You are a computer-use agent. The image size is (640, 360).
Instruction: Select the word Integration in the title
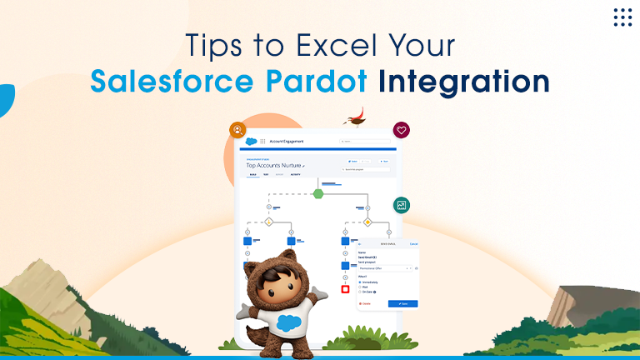pos(463,82)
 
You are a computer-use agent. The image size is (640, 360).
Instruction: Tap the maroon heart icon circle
pos(402,130)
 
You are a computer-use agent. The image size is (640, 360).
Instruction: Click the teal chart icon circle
pos(402,205)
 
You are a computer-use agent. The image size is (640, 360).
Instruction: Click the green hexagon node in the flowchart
pos(318,193)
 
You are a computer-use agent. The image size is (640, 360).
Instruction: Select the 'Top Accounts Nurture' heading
pos(274,166)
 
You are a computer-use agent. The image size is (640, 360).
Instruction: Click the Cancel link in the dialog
pos(413,244)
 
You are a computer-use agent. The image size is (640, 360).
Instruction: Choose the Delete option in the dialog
pos(365,303)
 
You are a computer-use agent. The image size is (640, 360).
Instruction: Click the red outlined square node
pos(345,289)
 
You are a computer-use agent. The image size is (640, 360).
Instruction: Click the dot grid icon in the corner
pos(622,17)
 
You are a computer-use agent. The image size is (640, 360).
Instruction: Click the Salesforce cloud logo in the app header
pos(250,142)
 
